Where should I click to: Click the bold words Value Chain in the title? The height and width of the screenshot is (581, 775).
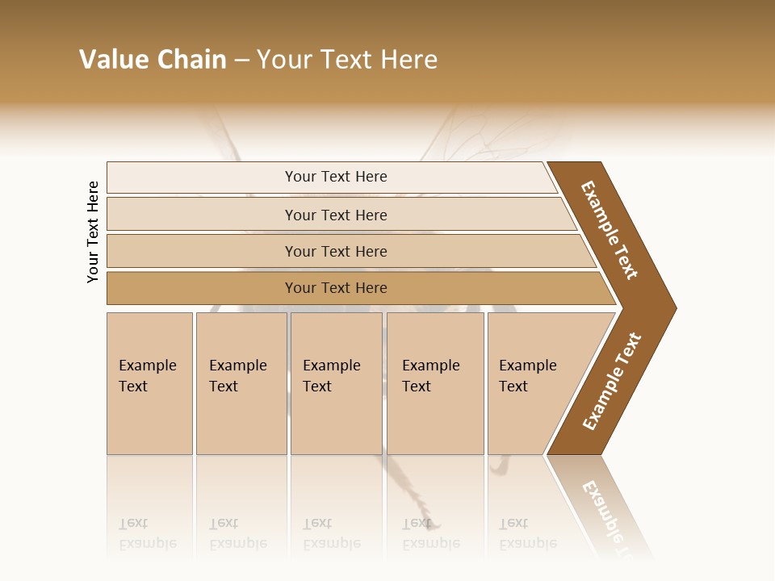click(153, 60)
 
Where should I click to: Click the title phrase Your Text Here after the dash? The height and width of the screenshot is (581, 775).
click(347, 60)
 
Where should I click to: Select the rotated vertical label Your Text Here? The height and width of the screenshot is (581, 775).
click(93, 232)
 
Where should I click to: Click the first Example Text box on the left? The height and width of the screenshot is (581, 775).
click(149, 383)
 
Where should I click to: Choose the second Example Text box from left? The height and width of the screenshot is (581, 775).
click(241, 383)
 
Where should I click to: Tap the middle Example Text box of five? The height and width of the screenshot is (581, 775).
click(336, 383)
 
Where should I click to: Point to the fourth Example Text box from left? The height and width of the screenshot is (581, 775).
click(435, 383)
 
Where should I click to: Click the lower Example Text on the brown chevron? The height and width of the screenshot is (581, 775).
click(612, 381)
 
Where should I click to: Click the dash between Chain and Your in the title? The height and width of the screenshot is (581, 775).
click(241, 61)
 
